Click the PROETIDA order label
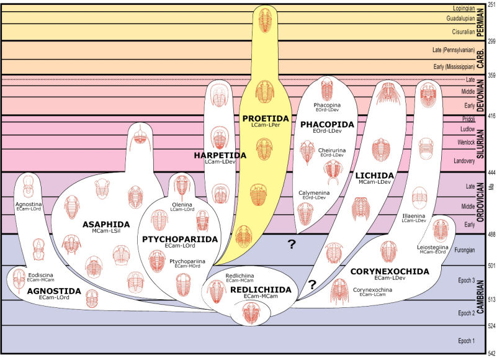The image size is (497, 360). click(266, 119)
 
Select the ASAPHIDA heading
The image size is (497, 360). click(106, 225)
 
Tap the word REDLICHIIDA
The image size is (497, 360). click(261, 290)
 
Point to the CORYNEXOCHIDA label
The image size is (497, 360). click(390, 271)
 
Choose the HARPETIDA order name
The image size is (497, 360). click(220, 155)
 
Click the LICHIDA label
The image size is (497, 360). click(375, 176)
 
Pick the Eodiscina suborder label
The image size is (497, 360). click(40, 275)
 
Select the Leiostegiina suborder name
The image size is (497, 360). click(432, 247)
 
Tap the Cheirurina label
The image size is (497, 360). click(332, 150)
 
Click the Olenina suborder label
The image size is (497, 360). click(182, 205)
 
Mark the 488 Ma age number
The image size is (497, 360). click(491, 234)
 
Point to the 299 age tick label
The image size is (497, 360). click(491, 41)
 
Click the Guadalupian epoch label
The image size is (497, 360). click(460, 19)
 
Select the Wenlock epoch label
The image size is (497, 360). click(466, 142)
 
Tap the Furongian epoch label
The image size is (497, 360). click(464, 250)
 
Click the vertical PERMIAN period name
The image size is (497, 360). click(480, 22)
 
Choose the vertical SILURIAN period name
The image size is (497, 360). click(480, 143)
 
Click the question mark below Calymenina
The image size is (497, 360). click(291, 244)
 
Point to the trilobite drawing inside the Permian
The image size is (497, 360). click(265, 20)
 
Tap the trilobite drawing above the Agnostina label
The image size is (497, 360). click(28, 186)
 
